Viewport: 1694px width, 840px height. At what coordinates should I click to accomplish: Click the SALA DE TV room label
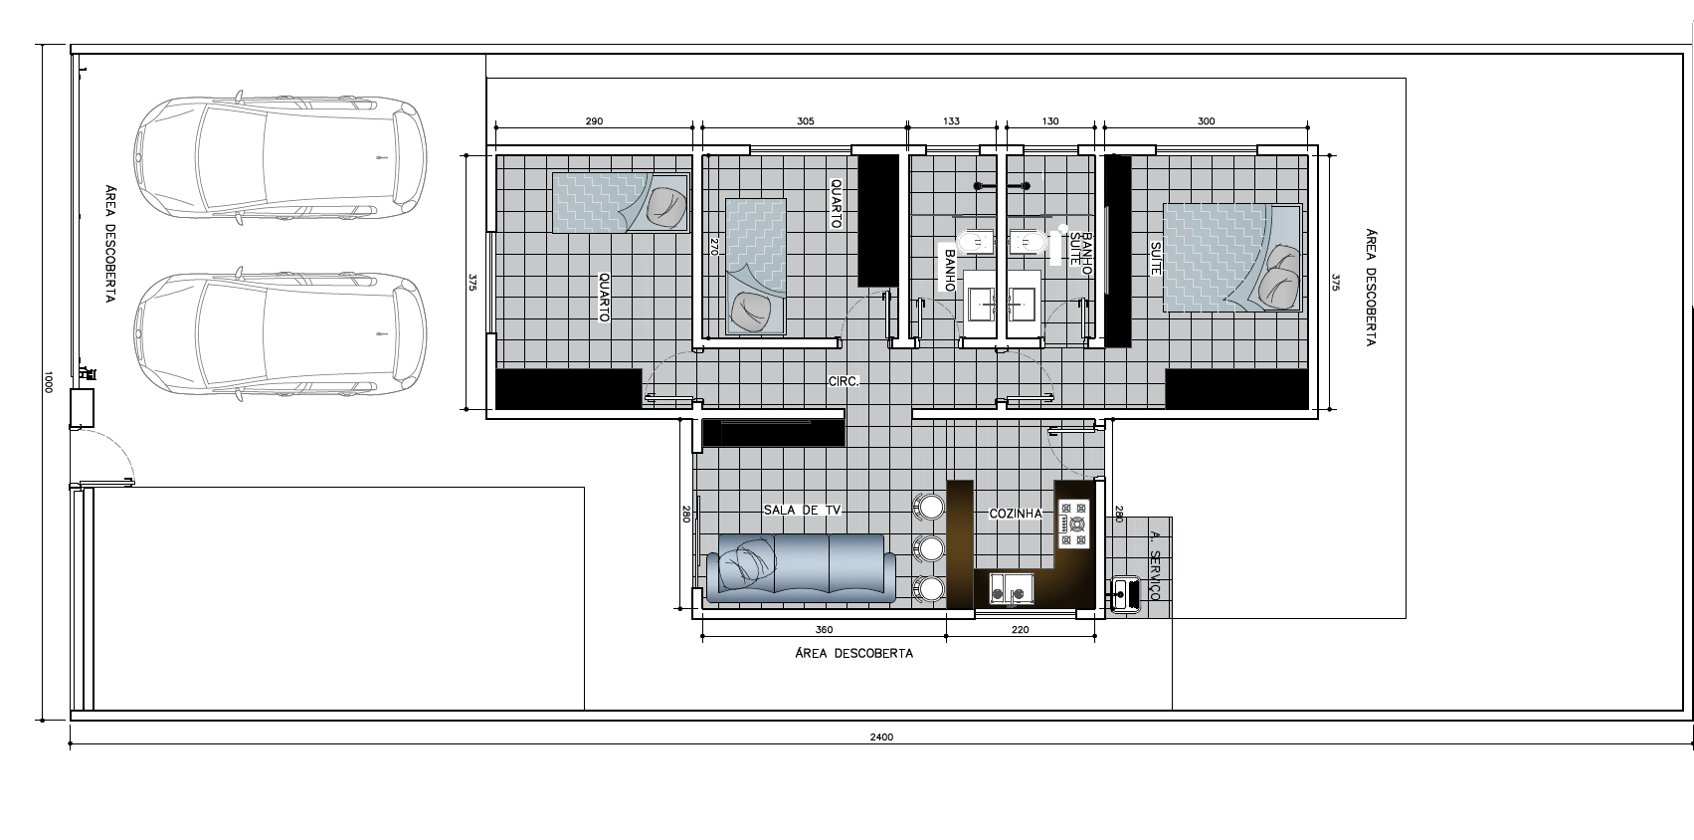[x=802, y=510]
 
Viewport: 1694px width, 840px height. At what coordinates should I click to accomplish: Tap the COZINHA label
[x=1016, y=514]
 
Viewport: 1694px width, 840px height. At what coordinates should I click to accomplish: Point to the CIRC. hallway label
[x=844, y=381]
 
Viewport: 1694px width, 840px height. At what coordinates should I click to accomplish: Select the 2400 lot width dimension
[x=881, y=737]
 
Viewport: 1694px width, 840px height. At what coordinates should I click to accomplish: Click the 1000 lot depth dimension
[x=48, y=382]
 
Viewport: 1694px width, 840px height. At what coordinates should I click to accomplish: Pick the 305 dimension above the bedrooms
[x=806, y=121]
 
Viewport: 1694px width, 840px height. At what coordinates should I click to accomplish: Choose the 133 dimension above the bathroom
[x=951, y=121]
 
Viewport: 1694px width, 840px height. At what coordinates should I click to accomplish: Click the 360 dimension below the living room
[x=824, y=630]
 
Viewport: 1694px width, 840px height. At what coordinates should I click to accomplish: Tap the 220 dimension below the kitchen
[x=1021, y=630]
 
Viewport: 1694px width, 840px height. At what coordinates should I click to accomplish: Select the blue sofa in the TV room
[x=801, y=569]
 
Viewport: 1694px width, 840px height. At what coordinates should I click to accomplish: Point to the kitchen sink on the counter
[x=1012, y=589]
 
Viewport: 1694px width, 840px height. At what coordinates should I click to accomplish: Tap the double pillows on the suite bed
[x=1279, y=277]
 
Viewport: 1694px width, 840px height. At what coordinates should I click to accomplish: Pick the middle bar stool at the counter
[x=929, y=548]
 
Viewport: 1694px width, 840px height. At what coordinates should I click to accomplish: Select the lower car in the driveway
[x=281, y=333]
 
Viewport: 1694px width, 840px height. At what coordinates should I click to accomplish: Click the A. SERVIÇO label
[x=1154, y=565]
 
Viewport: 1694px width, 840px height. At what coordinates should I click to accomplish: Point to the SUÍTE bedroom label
[x=1156, y=258]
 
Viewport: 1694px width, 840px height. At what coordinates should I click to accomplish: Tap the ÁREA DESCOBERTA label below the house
[x=853, y=654]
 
